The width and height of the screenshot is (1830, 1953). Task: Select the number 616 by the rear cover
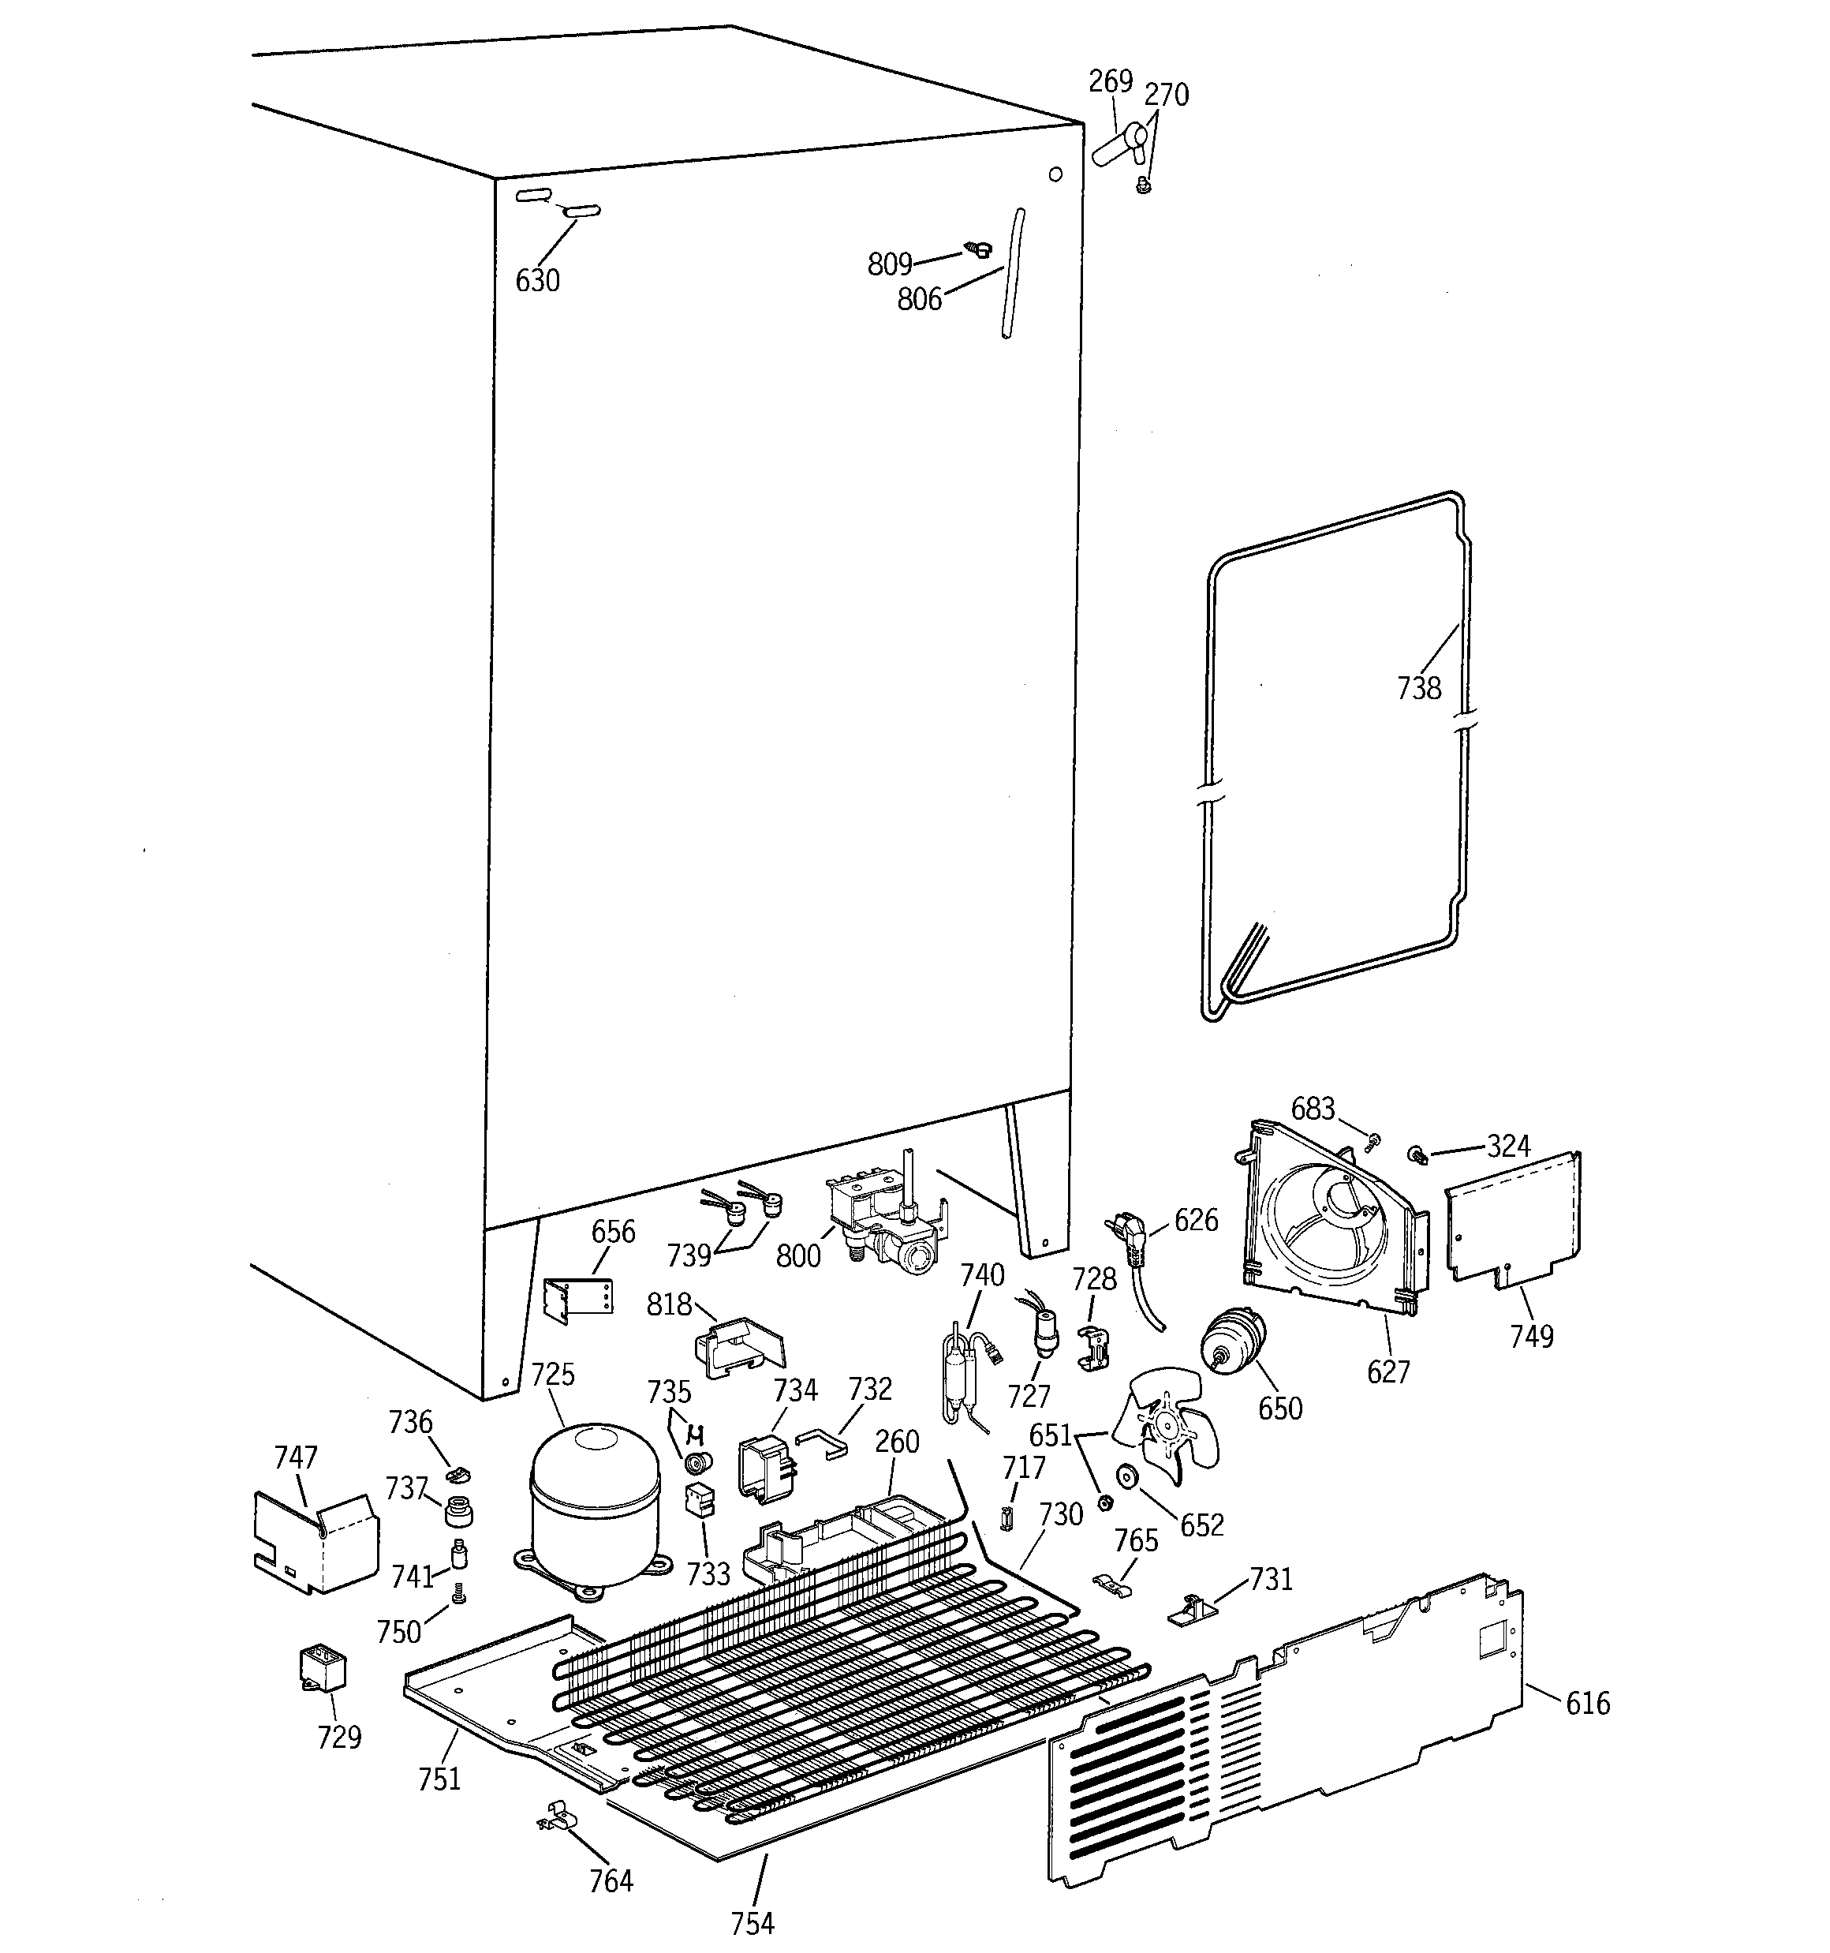coord(1587,1704)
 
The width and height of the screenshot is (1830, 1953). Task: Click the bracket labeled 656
coord(578,1300)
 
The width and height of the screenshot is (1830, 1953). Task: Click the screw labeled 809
coord(978,249)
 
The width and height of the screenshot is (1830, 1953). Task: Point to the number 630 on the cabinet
coord(537,281)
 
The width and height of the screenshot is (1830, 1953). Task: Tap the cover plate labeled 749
coord(1513,1219)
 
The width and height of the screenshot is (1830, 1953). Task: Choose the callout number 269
coord(1110,81)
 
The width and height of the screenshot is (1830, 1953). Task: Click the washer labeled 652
coord(1126,1476)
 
